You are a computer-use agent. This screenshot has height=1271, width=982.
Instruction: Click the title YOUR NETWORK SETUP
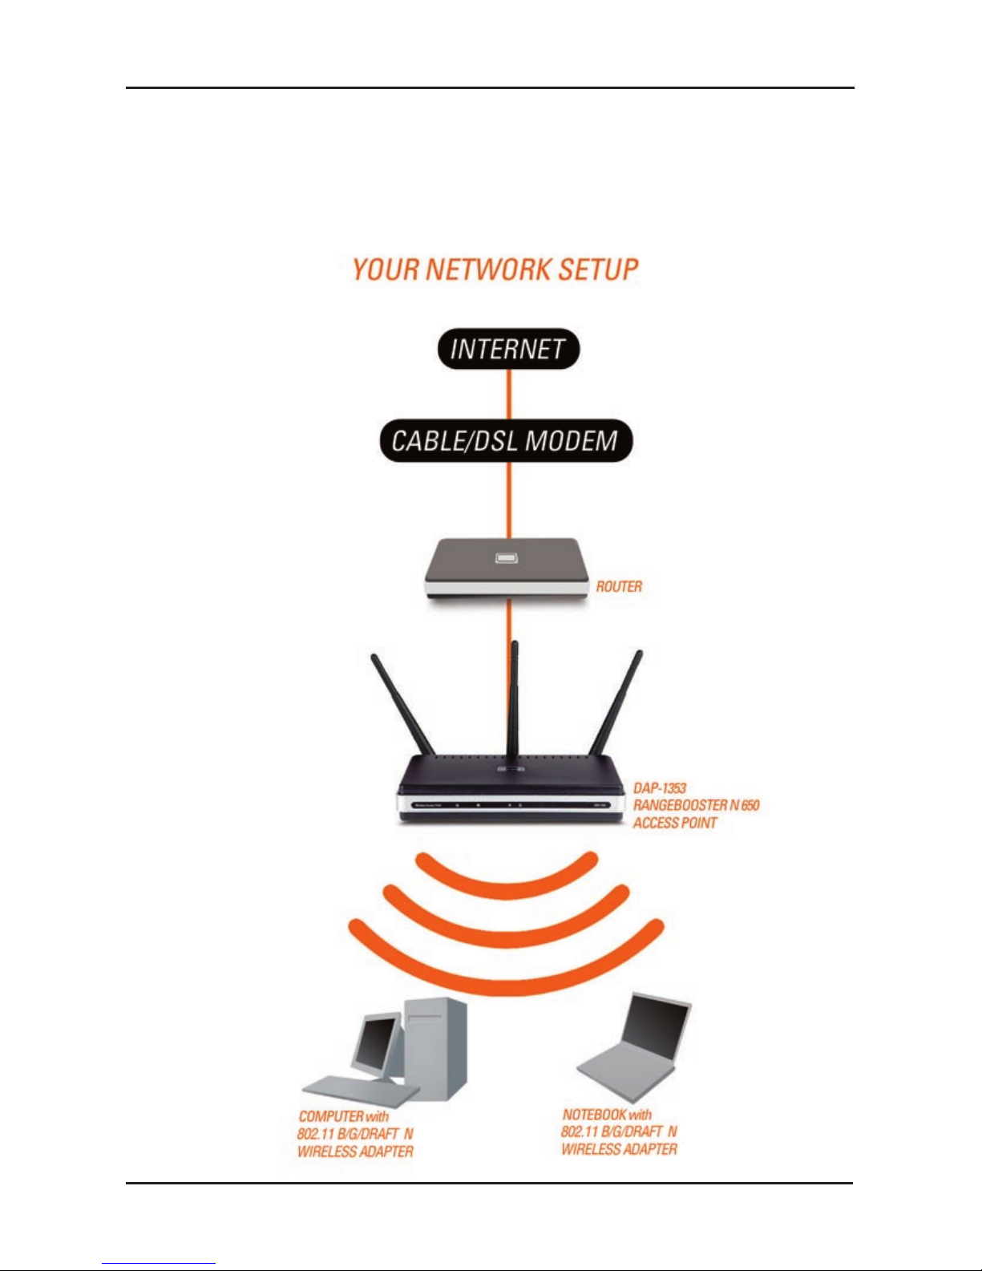click(x=495, y=270)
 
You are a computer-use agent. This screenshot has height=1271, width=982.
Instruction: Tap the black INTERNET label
click(x=507, y=349)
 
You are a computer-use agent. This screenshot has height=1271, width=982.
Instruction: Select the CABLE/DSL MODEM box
click(x=505, y=440)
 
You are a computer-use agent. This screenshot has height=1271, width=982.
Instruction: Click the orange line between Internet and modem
click(x=508, y=394)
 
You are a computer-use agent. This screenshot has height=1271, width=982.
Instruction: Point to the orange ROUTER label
click(x=619, y=586)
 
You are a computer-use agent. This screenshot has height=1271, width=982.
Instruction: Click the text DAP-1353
click(x=660, y=788)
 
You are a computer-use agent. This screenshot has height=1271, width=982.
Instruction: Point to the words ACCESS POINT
click(x=675, y=824)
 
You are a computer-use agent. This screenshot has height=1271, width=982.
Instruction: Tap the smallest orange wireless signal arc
click(x=507, y=876)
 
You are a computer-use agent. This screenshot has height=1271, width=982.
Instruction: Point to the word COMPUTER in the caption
click(x=330, y=1116)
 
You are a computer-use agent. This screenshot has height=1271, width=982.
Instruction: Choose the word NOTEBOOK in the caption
click(x=594, y=1115)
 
